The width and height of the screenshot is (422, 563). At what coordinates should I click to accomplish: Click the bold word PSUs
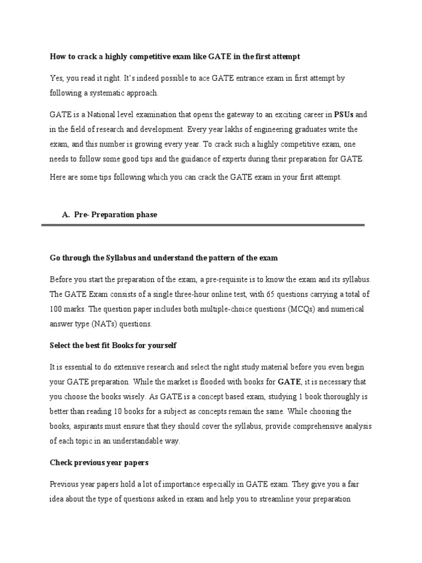[345, 115]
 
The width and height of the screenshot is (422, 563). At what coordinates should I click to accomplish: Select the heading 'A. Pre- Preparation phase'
[109, 215]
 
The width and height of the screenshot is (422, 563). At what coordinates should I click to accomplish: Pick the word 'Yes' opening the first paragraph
[57, 79]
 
